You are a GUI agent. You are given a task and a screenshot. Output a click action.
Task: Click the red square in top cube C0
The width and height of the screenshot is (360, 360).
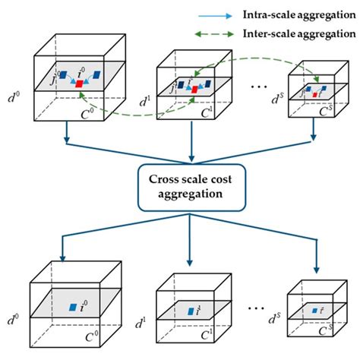click(80, 82)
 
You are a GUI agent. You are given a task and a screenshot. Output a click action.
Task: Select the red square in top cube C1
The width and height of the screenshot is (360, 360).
click(194, 90)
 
